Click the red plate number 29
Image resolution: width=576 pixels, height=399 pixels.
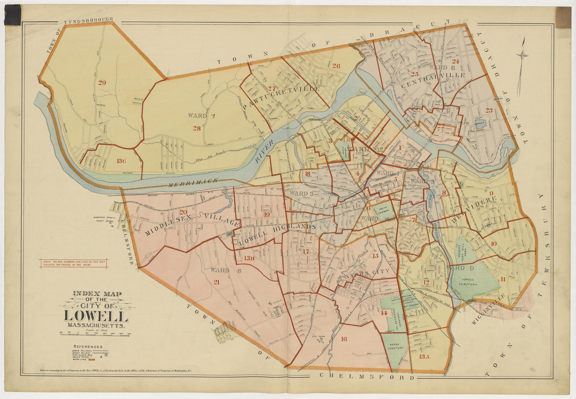point(102,82)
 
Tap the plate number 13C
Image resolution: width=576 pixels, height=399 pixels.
point(121,161)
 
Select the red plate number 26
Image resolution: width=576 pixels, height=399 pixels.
point(336,66)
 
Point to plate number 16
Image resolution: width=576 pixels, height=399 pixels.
point(344,339)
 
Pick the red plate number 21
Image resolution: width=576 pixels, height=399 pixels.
point(217,282)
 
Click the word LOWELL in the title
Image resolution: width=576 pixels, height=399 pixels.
point(96,317)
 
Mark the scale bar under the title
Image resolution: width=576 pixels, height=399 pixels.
point(96,334)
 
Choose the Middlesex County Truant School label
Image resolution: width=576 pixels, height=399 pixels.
point(101,222)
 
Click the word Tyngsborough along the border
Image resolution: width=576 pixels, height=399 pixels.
point(88,20)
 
